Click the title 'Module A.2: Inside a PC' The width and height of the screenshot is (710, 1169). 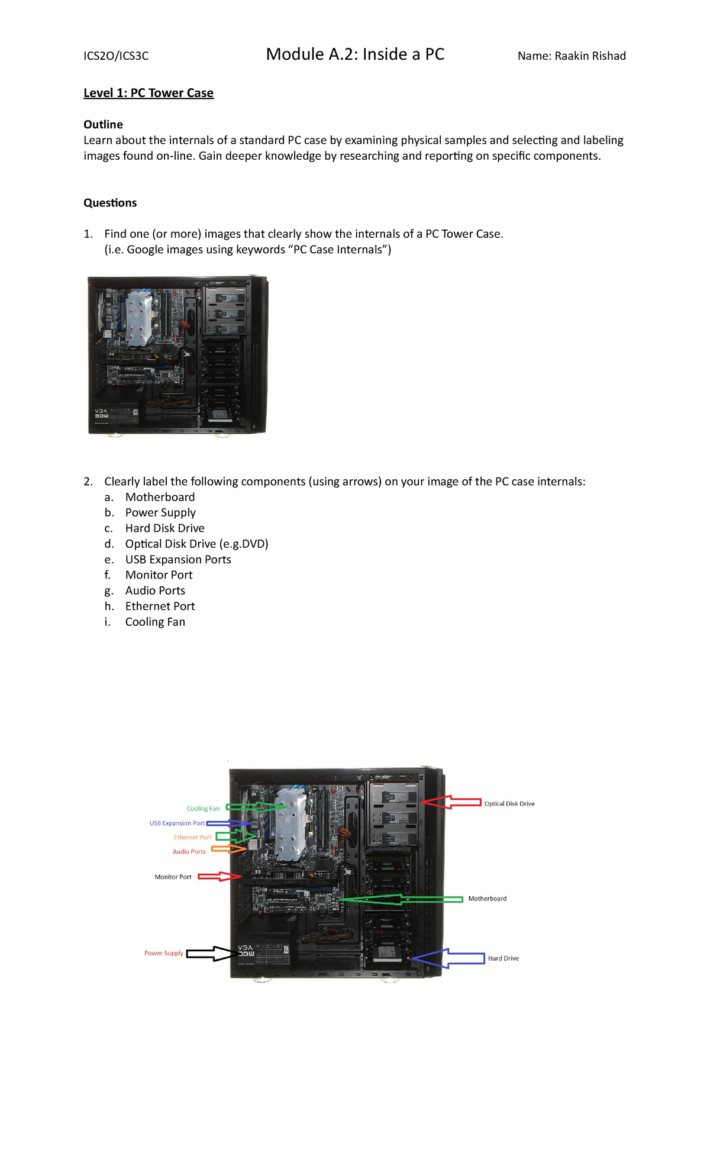point(355,54)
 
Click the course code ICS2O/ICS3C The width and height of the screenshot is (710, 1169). point(116,56)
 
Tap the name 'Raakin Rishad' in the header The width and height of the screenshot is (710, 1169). point(590,56)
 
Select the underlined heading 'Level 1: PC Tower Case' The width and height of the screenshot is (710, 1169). point(149,93)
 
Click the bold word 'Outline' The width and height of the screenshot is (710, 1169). point(103,124)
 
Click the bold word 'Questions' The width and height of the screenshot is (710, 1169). point(110,203)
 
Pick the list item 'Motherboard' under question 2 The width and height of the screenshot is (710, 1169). point(160,497)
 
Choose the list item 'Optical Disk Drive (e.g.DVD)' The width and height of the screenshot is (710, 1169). point(196,544)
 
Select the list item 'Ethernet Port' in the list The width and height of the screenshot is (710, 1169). point(160,606)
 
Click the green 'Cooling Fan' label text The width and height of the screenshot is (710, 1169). point(203,809)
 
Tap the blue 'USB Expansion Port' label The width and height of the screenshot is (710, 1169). point(177,823)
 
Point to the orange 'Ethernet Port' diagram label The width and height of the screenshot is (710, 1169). point(192,837)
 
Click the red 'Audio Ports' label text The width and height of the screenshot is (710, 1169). point(189,852)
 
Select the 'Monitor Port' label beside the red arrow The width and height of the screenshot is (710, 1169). point(173,877)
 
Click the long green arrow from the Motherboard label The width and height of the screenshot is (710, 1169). point(402,899)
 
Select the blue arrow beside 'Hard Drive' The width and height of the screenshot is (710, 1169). point(448,958)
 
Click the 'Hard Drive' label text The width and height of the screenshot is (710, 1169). point(503,958)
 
